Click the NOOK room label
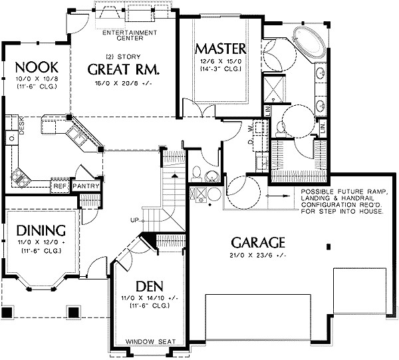pyautogui.click(x=37, y=67)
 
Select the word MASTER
pyautogui.click(x=221, y=49)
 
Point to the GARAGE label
pyautogui.click(x=258, y=242)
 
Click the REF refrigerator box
pyautogui.click(x=60, y=187)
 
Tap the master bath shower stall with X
pyautogui.click(x=273, y=89)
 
